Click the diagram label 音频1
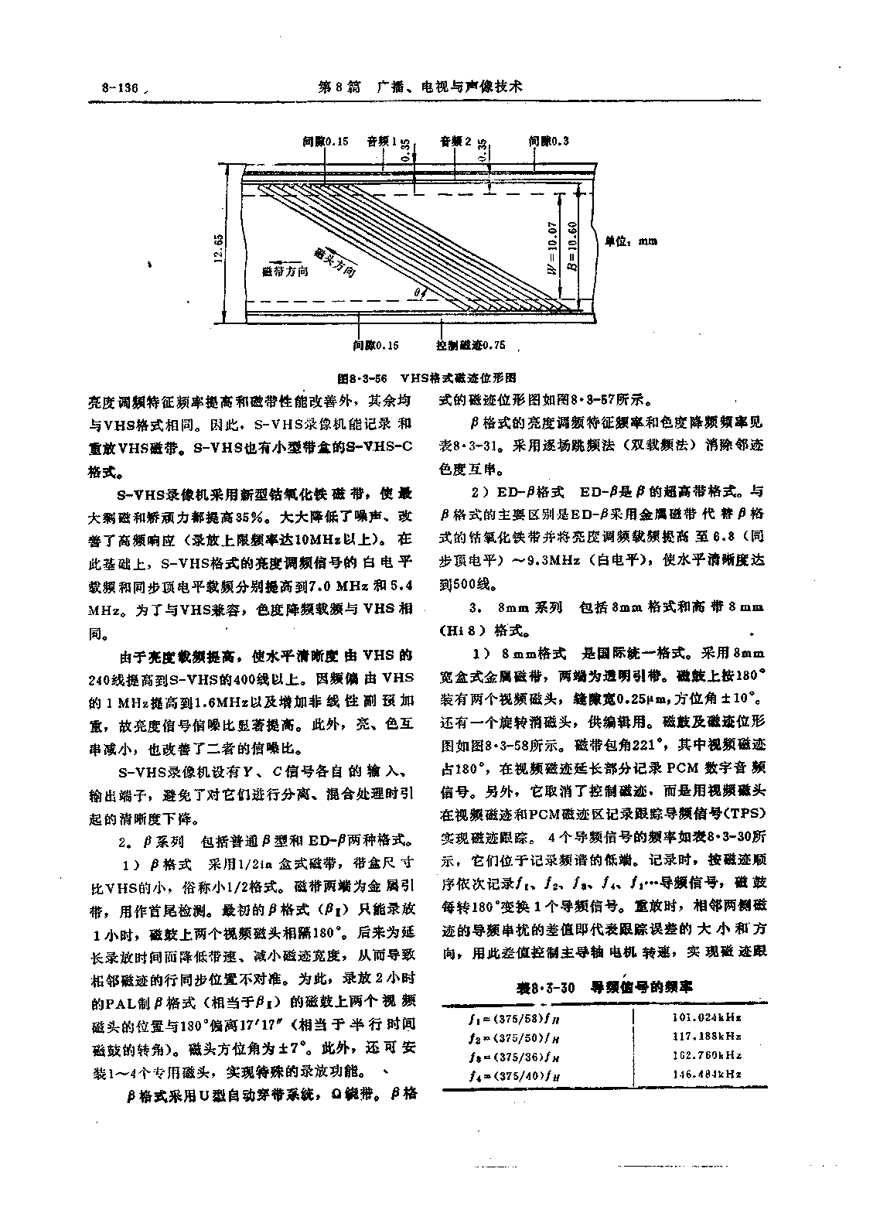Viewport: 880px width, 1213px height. point(381,142)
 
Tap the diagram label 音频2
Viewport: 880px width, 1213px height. point(455,142)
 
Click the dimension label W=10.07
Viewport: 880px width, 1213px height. point(551,247)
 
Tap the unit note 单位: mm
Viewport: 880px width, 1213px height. point(630,241)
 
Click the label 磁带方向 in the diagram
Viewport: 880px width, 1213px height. point(285,272)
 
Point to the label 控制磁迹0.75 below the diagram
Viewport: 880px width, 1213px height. point(470,345)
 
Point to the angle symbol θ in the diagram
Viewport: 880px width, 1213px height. point(415,293)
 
